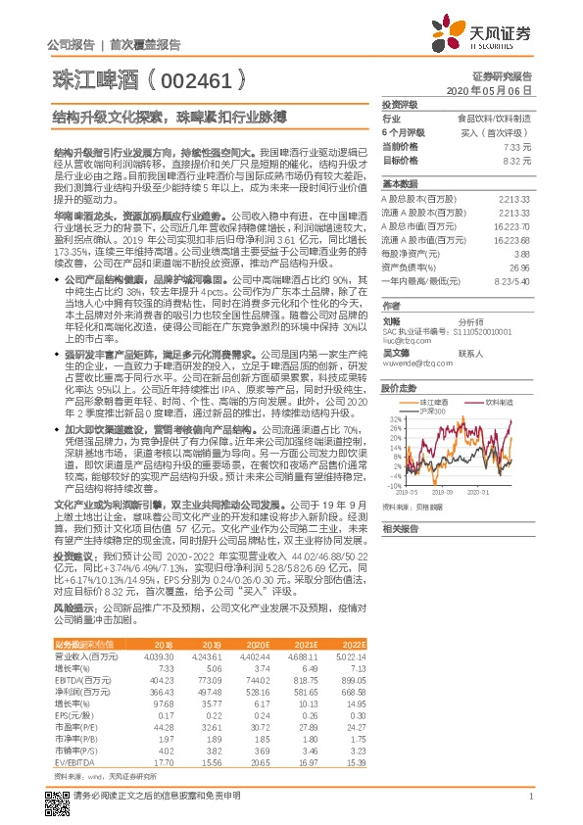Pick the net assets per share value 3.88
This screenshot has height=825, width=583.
(522, 252)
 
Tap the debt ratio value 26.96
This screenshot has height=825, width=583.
(520, 266)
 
